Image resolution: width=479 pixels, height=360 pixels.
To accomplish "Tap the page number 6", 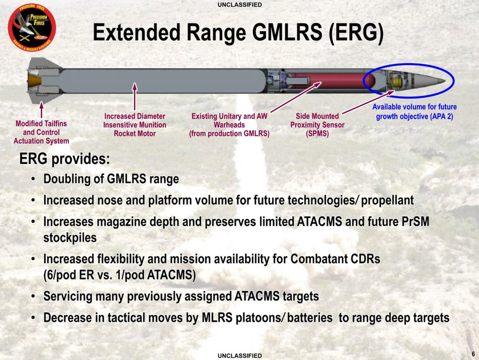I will (473, 354).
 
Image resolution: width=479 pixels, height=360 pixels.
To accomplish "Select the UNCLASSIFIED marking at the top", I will (240, 5).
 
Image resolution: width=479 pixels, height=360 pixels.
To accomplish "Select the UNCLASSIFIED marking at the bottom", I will (240, 355).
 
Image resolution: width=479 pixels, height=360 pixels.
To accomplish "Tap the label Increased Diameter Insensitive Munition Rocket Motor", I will (135, 125).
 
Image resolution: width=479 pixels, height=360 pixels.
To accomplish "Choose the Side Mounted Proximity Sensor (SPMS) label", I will (317, 125).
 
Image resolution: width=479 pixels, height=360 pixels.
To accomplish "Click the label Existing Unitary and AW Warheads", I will (229, 125).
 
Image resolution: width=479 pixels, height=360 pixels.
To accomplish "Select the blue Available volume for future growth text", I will (414, 111).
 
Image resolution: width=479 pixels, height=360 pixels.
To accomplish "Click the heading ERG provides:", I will (64, 159).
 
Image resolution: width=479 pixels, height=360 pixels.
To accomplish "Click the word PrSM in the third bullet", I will (416, 221).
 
